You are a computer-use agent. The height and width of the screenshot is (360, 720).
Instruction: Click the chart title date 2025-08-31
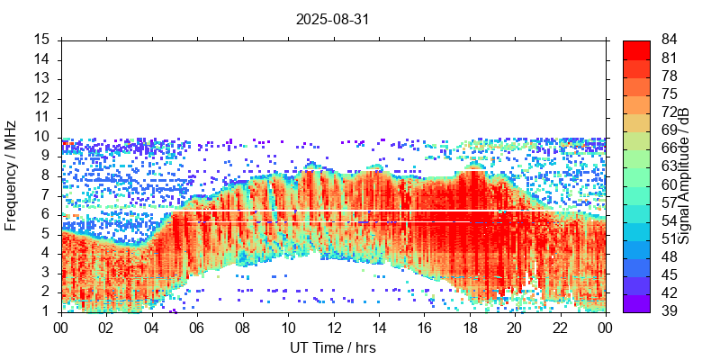(x=333, y=18)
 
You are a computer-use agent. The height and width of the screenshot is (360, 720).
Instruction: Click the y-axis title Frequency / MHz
(x=11, y=175)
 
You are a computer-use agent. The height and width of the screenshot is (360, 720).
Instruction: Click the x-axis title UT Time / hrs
(x=333, y=347)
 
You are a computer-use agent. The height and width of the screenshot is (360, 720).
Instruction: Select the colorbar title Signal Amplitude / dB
(x=684, y=175)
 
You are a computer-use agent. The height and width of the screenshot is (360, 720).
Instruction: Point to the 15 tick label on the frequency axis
(x=41, y=40)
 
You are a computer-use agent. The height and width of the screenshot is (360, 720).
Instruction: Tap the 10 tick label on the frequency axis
(x=41, y=137)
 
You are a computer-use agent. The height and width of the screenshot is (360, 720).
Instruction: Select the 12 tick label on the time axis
(x=333, y=328)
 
